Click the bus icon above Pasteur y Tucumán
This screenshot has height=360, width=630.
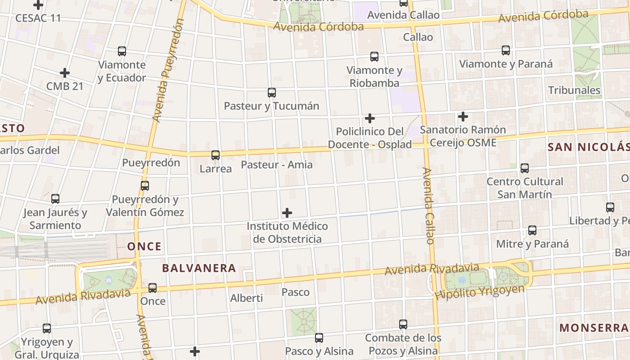click(272, 93)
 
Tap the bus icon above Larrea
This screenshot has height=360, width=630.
click(216, 155)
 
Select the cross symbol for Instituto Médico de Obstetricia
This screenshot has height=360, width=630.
click(287, 213)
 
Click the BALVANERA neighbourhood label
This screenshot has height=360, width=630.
click(199, 268)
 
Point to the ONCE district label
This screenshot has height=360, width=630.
click(144, 247)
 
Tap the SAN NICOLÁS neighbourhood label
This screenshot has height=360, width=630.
click(589, 147)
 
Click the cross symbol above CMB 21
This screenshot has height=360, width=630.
click(65, 73)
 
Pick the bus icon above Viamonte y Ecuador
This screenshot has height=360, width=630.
click(122, 51)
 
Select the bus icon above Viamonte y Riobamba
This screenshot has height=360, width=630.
click(374, 57)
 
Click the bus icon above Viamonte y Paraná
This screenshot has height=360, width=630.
click(506, 50)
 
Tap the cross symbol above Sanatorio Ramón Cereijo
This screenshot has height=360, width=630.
click(463, 117)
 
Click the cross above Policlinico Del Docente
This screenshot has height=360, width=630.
click(370, 118)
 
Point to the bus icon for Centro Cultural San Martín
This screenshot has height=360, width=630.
click(525, 168)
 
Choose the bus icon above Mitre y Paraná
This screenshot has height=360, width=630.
click(532, 230)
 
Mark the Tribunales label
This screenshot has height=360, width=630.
click(574, 90)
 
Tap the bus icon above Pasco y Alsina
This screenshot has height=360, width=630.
click(319, 337)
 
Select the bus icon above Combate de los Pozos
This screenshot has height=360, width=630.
click(403, 324)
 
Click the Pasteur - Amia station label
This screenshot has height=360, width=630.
click(277, 165)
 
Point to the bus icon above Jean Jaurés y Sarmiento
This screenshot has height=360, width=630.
click(55, 198)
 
